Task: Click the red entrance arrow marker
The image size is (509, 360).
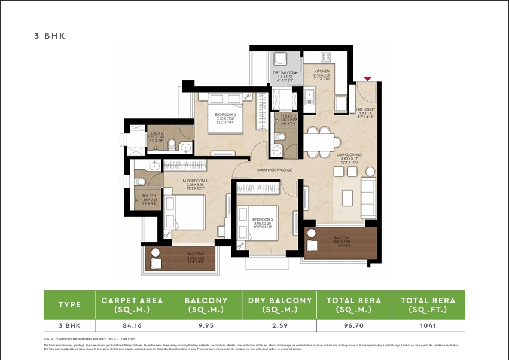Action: [368, 78]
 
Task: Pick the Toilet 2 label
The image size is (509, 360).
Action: [156, 136]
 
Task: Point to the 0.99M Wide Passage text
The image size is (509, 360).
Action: [275, 170]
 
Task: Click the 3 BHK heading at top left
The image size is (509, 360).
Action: [49, 36]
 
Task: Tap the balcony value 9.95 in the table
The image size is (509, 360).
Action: [205, 326]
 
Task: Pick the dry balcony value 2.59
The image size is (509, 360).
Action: [279, 326]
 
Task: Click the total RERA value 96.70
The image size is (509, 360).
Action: [353, 326]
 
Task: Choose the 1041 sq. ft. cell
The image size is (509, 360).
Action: [428, 326]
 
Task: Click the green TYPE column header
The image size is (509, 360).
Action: [69, 305]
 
